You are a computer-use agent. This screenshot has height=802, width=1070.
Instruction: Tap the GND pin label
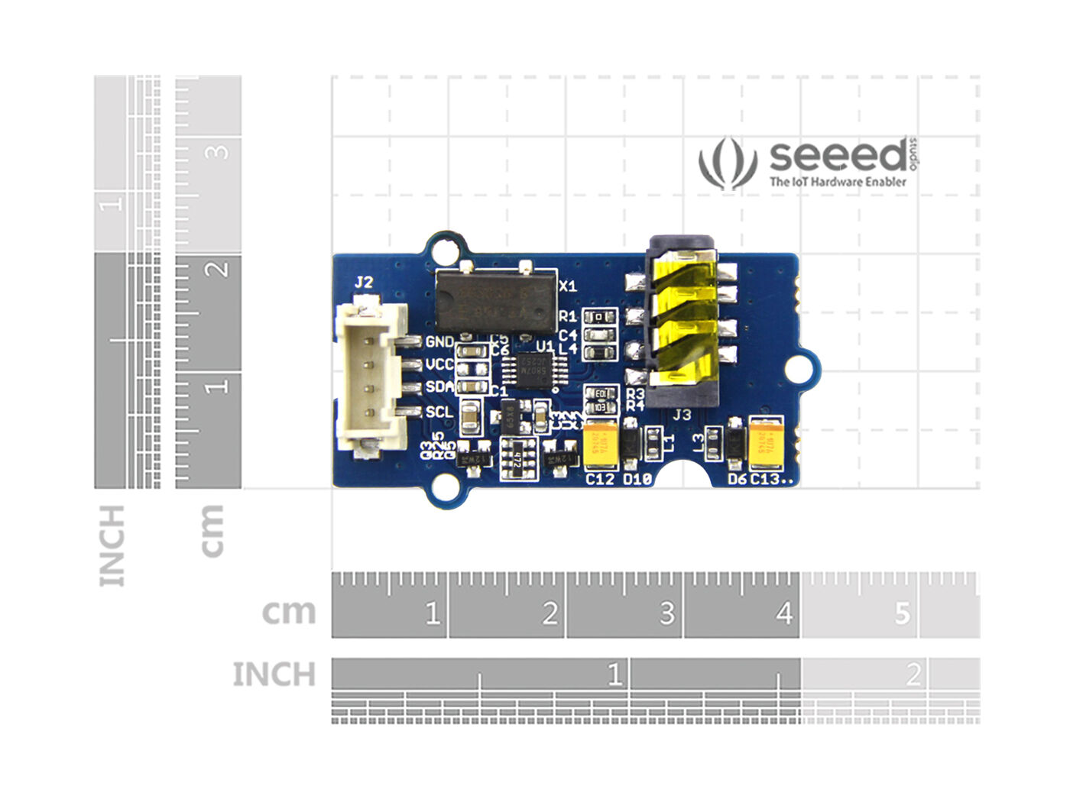[439, 342]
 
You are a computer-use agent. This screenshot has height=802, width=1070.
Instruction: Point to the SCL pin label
[439, 412]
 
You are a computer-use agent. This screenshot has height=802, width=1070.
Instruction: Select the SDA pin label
[439, 387]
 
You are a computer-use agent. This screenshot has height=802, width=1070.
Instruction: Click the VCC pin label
[439, 364]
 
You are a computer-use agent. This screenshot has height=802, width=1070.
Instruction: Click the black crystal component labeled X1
[495, 300]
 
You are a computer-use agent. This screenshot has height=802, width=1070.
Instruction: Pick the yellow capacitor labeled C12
[601, 445]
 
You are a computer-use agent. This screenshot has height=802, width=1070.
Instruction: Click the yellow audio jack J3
[683, 322]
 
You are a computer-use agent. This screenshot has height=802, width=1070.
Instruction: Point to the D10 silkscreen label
[637, 480]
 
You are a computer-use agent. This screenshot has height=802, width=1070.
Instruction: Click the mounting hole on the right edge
[799, 370]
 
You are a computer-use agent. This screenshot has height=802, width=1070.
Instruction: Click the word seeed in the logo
[838, 156]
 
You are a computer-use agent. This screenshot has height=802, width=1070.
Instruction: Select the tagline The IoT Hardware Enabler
[838, 182]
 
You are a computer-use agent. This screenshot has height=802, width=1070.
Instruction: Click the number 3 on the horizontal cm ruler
[666, 613]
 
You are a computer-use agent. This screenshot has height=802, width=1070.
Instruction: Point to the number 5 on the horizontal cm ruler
[903, 613]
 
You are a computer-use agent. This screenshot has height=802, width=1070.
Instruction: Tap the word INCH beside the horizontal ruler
[274, 675]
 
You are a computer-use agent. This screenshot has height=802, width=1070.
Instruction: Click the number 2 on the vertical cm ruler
[219, 269]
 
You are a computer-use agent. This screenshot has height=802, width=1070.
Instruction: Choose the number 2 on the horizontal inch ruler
[913, 675]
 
